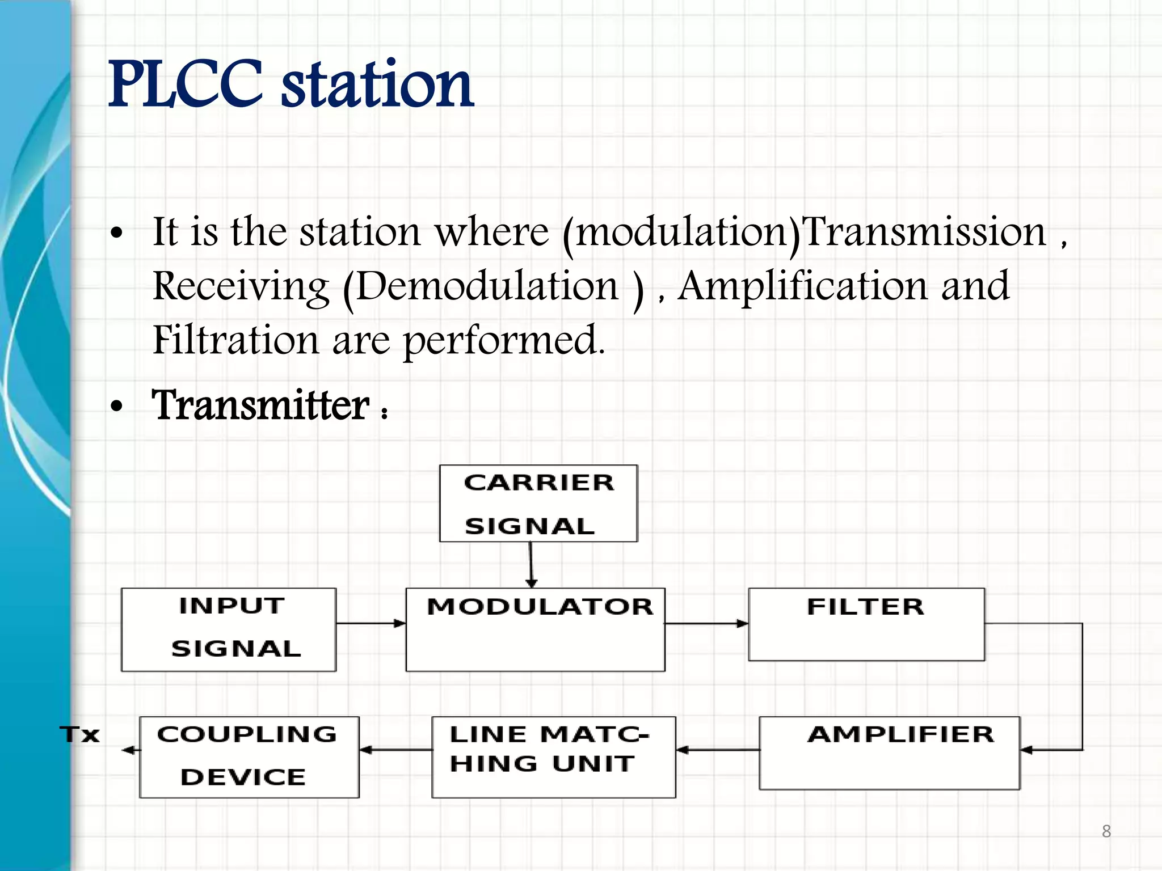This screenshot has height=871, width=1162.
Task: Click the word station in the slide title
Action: [x=377, y=85]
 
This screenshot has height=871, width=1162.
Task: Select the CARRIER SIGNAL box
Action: [x=538, y=504]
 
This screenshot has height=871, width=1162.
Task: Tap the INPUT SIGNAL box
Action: [x=229, y=629]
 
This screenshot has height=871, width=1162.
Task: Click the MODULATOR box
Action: [x=535, y=629]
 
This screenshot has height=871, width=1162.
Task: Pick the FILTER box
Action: [x=866, y=624]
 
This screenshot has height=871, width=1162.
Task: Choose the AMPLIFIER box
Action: [x=889, y=752]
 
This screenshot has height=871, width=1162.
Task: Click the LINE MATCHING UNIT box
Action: [x=553, y=756]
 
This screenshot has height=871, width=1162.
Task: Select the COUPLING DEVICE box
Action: [x=249, y=756]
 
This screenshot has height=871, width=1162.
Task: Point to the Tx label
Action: [x=80, y=734]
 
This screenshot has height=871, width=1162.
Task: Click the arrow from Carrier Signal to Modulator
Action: [x=531, y=565]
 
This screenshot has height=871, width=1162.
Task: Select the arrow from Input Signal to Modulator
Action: [x=371, y=623]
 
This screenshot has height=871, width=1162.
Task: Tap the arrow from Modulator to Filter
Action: [x=706, y=623]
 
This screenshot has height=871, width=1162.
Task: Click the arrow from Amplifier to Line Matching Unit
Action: [x=718, y=750]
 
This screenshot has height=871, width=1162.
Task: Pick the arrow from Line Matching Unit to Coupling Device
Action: [x=395, y=750]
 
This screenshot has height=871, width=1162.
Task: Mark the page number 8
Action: [x=1106, y=831]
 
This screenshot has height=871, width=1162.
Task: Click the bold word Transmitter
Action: [x=261, y=405]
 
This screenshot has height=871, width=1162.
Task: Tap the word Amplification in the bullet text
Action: [x=803, y=286]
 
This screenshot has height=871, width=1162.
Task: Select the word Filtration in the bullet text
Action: [x=235, y=340]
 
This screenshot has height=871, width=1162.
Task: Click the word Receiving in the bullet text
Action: [x=241, y=286]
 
